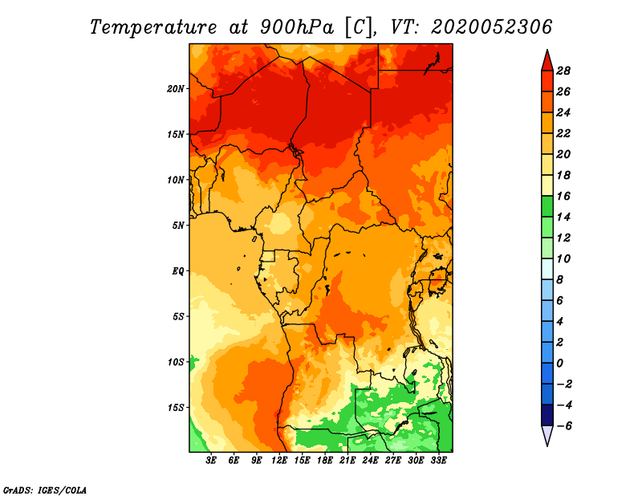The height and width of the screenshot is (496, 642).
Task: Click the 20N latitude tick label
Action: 176,89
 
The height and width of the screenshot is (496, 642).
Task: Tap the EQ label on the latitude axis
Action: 177,271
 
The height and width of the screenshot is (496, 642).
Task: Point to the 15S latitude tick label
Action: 176,408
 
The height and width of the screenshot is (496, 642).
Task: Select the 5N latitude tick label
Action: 177,226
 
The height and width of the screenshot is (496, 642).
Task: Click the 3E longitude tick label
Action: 211,461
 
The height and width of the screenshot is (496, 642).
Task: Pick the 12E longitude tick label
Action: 279,461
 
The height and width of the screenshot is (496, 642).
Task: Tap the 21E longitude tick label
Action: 347,461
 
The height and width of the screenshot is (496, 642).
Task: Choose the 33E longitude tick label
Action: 438,461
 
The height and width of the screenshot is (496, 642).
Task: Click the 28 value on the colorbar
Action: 563,71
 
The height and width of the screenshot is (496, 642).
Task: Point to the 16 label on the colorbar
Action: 563,196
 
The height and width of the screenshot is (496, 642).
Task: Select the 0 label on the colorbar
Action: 559,364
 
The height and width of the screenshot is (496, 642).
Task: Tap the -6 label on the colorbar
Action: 564,426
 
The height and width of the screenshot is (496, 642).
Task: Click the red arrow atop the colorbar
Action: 547,62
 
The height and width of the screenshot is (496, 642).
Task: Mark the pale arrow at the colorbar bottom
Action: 547,435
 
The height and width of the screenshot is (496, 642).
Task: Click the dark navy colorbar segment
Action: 547,415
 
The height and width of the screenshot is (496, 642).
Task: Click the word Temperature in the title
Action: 153,27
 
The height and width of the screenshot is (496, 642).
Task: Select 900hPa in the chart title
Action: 297,27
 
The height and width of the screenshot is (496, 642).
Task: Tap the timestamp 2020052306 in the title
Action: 491,27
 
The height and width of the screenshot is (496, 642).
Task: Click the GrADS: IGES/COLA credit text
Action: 45,490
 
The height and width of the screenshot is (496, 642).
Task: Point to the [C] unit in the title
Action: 359,27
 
